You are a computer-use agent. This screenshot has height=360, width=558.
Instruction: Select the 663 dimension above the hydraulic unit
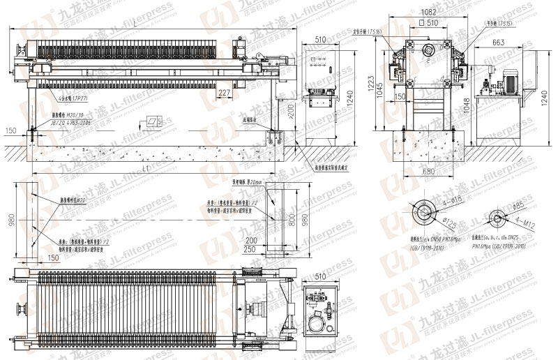pos(499,43)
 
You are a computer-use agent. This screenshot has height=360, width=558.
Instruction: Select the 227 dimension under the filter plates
pos(224,93)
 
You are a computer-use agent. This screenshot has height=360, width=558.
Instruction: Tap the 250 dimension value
pos(269,248)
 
